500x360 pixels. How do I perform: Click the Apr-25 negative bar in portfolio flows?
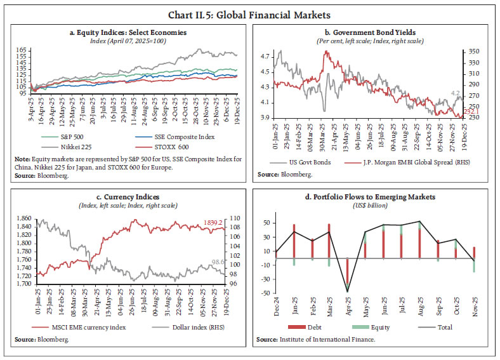tap(347, 273)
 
